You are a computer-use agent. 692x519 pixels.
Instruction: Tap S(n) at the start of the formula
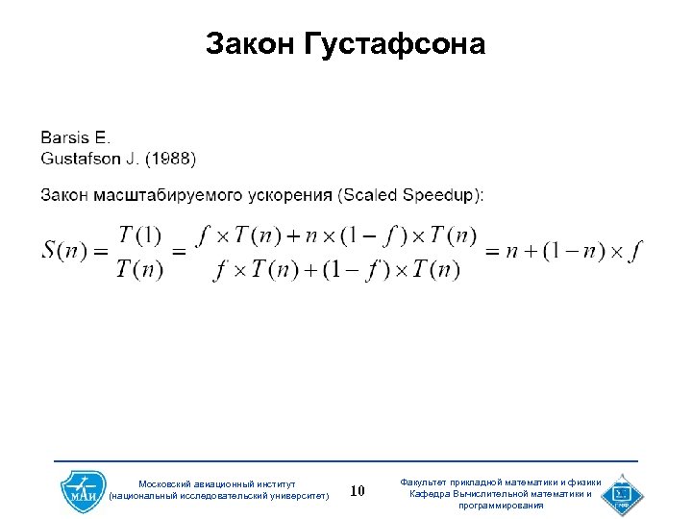click(x=64, y=251)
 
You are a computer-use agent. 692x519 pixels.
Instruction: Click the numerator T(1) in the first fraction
click(x=140, y=235)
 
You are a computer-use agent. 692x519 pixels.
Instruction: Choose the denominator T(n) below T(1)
click(x=140, y=269)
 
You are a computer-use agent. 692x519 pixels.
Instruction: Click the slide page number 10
click(x=358, y=491)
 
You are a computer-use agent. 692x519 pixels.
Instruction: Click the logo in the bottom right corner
click(x=622, y=493)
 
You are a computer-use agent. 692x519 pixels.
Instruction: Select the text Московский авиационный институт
click(x=218, y=483)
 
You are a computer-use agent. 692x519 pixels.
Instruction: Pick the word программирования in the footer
click(x=501, y=506)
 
